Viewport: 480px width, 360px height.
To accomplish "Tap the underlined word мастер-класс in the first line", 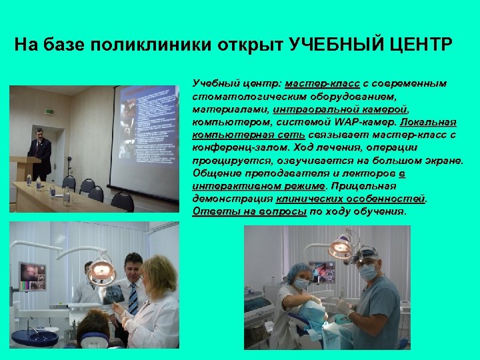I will (323, 84).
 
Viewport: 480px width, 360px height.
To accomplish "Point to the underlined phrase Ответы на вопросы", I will (249, 211).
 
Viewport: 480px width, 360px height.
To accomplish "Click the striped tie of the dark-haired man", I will (133, 298).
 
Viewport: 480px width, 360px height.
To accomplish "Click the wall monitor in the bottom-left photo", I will (33, 275).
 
